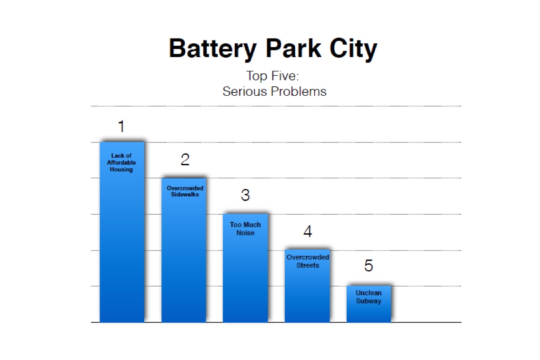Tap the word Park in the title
tap(293, 48)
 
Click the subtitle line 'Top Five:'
tap(272, 76)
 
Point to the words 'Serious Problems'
tap(274, 91)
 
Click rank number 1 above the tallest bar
tap(121, 127)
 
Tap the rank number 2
tap(185, 160)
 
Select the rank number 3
tap(245, 195)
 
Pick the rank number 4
tap(308, 231)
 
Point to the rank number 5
tap(369, 266)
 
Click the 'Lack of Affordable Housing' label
tap(121, 162)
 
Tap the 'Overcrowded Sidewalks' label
tap(185, 191)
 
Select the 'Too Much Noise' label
tap(245, 229)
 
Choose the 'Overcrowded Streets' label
tap(308, 261)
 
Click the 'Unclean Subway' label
tap(369, 297)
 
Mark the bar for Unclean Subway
tap(369, 304)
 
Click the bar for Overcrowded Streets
tap(307, 286)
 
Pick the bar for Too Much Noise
tap(245, 268)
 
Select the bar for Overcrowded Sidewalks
tap(184, 250)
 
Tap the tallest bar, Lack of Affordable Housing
tap(122, 232)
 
